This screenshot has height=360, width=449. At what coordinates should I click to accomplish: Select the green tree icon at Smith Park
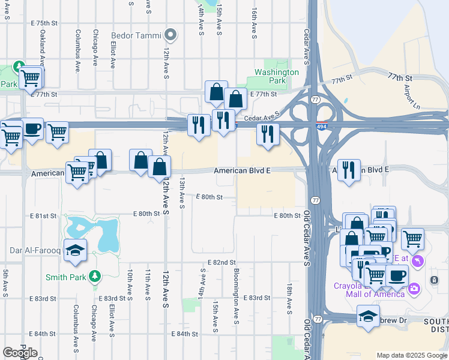click(94, 277)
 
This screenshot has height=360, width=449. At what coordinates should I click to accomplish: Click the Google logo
click(20, 353)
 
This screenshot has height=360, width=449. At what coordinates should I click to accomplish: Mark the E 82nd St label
click(221, 263)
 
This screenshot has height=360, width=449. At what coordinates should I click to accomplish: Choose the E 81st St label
click(43, 215)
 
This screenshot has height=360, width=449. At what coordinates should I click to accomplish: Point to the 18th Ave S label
click(289, 299)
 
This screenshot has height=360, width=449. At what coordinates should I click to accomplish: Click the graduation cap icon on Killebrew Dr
click(368, 316)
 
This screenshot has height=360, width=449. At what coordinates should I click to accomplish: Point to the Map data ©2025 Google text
click(412, 355)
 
